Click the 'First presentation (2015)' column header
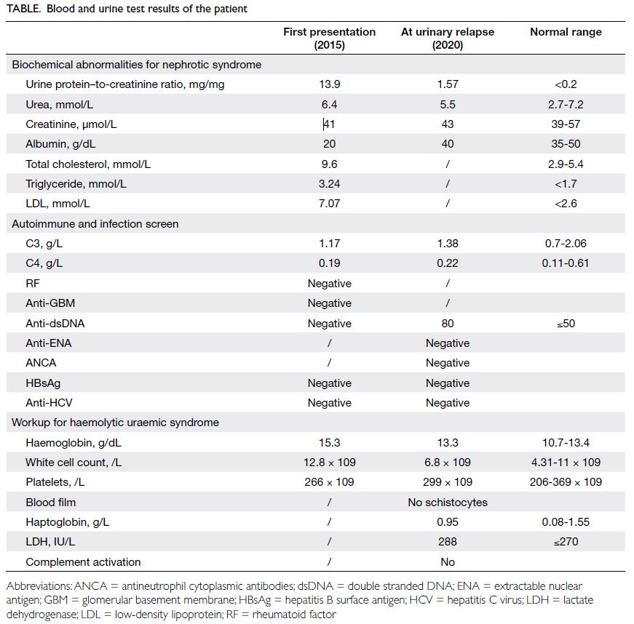pyautogui.click(x=329, y=38)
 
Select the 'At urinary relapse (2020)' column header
pyautogui.click(x=447, y=38)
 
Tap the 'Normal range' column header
pyautogui.click(x=566, y=32)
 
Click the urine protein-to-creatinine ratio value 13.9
pyautogui.click(x=329, y=84)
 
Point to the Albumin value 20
pyautogui.click(x=329, y=144)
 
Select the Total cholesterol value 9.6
pyautogui.click(x=329, y=164)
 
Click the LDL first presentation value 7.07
pyautogui.click(x=329, y=203)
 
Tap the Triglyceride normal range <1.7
pyautogui.click(x=566, y=184)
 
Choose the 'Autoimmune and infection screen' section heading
pyautogui.click(x=95, y=224)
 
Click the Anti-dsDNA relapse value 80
pyautogui.click(x=447, y=324)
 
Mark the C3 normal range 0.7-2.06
pyautogui.click(x=566, y=243)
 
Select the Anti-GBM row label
pyautogui.click(x=50, y=303)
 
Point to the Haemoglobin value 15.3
pyautogui.click(x=329, y=443)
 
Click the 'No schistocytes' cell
pyautogui.click(x=447, y=503)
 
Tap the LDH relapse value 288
pyautogui.click(x=447, y=542)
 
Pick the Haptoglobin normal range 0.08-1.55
pyautogui.click(x=566, y=521)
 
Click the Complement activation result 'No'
pyautogui.click(x=447, y=561)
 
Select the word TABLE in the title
pyautogui.click(x=23, y=9)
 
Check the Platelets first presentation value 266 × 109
pyautogui.click(x=329, y=482)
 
